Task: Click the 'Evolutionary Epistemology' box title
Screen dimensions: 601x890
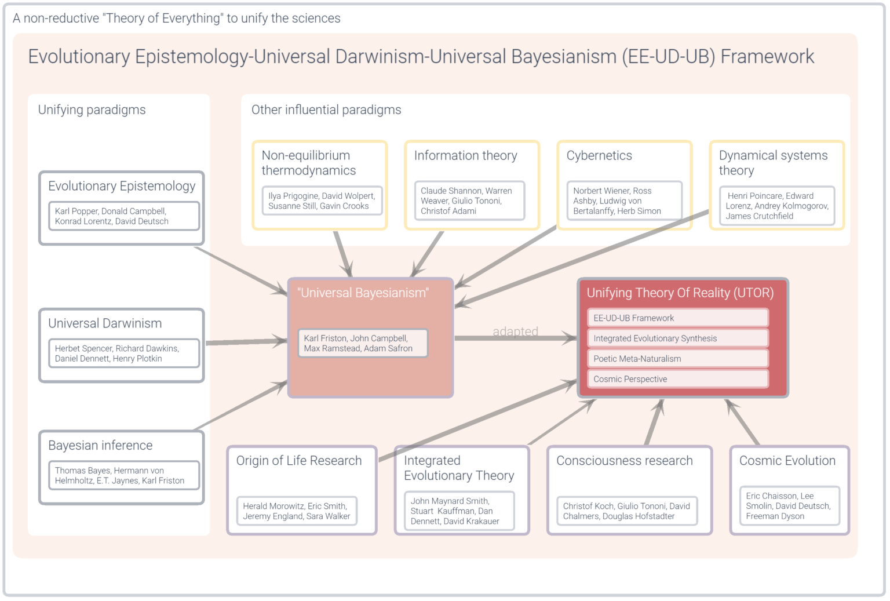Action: click(x=122, y=186)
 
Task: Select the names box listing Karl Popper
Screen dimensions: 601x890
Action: click(x=124, y=216)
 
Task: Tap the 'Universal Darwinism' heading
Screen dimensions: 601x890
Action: click(x=105, y=323)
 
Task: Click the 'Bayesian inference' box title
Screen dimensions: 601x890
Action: click(x=100, y=446)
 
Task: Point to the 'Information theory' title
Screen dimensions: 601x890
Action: click(x=465, y=156)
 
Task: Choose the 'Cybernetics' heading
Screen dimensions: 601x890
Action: click(x=599, y=156)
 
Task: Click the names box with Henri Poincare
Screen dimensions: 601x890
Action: click(x=777, y=206)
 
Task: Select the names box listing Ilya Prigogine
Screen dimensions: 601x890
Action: click(x=322, y=201)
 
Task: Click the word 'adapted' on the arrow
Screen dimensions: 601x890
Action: click(x=515, y=332)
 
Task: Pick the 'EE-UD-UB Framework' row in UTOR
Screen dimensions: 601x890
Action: click(x=677, y=318)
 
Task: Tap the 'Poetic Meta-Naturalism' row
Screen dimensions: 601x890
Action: click(x=677, y=359)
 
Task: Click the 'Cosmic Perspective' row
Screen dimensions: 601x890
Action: click(x=677, y=379)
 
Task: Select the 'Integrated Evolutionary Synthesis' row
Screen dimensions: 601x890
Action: click(x=677, y=338)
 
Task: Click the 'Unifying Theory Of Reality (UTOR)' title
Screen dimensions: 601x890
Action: click(x=680, y=293)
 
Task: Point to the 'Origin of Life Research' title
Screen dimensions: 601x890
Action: click(x=298, y=461)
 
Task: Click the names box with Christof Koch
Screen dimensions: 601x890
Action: click(x=626, y=511)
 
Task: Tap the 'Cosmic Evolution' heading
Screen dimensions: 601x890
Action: click(x=787, y=461)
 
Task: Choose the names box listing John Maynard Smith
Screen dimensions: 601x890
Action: click(x=455, y=511)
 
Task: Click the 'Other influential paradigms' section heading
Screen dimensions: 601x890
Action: click(x=326, y=110)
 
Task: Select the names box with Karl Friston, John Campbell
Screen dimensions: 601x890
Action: click(x=363, y=343)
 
